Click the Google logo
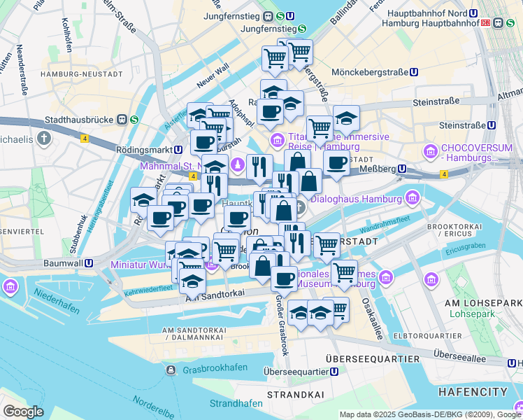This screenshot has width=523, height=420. click(x=24, y=412)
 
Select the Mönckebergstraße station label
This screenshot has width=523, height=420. click(x=370, y=71)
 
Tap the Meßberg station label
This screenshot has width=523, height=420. click(x=377, y=169)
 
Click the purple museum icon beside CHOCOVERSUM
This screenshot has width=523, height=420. click(x=429, y=150)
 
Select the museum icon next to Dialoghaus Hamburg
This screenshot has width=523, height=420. click(x=411, y=199)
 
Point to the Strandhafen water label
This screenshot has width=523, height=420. click(x=236, y=403)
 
